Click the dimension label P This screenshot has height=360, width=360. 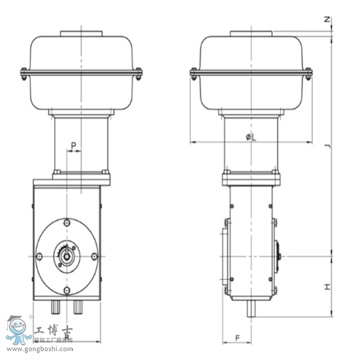(74, 145)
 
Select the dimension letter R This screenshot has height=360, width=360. (67, 336)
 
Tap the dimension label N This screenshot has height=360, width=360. (327, 20)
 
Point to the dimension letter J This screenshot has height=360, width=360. (327, 147)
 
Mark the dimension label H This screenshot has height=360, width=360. (327, 287)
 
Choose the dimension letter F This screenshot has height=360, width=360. (237, 337)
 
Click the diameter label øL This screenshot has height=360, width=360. (251, 137)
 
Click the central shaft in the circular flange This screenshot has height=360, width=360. (67, 256)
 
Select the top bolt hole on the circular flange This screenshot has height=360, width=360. (67, 223)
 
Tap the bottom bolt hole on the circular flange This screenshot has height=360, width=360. (67, 290)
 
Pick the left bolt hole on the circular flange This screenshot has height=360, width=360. (39, 256)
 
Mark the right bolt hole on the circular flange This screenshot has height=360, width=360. (94, 256)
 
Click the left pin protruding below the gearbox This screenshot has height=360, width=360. (57, 307)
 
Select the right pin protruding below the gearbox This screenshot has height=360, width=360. (77, 307)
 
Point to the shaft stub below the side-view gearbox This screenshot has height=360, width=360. (251, 308)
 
